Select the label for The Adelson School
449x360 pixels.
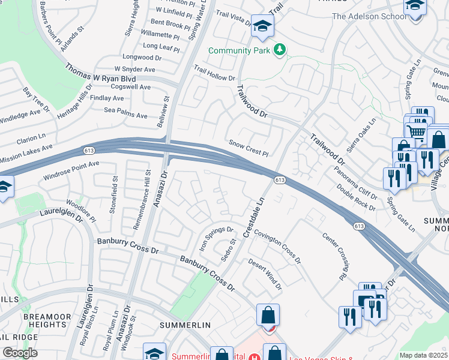(369, 16)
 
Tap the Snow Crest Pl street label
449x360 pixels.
(248, 148)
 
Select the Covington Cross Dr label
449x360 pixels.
(277, 246)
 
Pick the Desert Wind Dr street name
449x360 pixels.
(265, 273)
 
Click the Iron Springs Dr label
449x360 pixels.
(216, 238)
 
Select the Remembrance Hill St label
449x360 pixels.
(146, 189)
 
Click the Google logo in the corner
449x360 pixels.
(19, 352)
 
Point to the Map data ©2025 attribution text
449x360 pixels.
(423, 355)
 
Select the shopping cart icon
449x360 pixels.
(415, 131)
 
